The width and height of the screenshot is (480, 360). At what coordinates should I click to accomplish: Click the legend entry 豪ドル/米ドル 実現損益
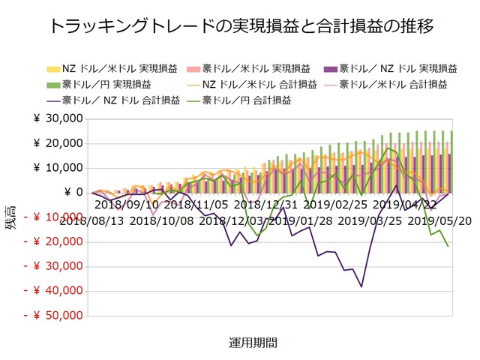point(262,67)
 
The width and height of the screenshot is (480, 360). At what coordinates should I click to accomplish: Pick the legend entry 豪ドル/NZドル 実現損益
point(397,67)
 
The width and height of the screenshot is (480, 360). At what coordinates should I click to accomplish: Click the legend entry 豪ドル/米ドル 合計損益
point(397,82)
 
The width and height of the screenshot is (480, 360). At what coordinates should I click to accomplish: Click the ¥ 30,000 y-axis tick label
point(59,118)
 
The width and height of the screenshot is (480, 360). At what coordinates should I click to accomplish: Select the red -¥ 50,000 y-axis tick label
point(54,316)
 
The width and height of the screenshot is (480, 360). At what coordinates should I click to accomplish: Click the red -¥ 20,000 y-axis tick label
point(54,242)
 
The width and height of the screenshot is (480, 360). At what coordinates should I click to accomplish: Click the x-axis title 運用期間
point(253,343)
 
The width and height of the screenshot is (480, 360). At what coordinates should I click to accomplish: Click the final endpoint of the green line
point(448,247)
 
